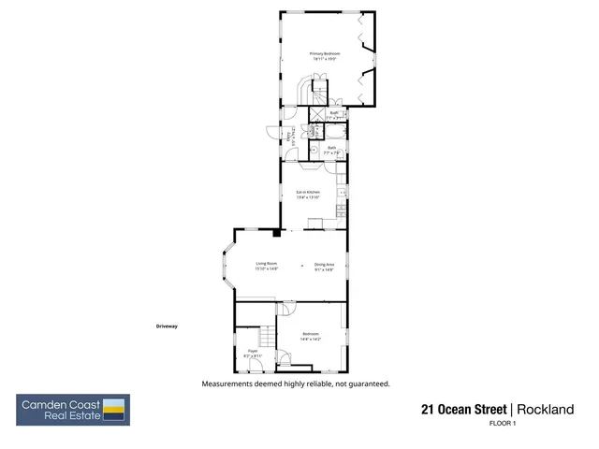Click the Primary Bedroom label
tap(325, 56)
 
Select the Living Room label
tap(267, 266)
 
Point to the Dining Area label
tap(325, 266)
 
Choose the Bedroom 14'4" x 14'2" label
tap(312, 337)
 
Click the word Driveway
tap(167, 326)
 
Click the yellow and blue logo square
tap(114, 410)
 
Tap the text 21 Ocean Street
tap(463, 410)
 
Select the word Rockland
tap(546, 410)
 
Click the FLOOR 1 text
tap(503, 424)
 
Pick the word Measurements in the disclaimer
tap(226, 384)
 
